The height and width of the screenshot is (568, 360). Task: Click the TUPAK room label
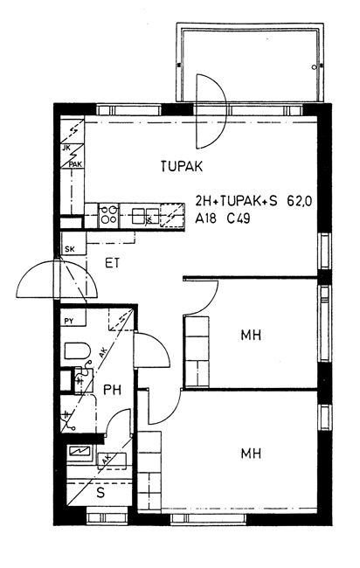click(x=182, y=166)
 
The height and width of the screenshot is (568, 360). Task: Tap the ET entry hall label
click(x=112, y=263)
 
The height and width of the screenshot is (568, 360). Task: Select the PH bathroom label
click(x=112, y=390)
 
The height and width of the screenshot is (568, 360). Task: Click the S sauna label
click(x=100, y=493)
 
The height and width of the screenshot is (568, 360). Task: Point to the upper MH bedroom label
click(x=251, y=335)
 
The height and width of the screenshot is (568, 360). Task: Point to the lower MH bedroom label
click(x=251, y=454)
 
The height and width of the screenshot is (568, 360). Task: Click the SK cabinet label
click(x=70, y=249)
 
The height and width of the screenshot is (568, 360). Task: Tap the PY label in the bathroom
click(x=69, y=321)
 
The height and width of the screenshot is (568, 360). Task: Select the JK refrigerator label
click(x=66, y=148)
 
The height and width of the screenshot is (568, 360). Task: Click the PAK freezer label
click(x=75, y=164)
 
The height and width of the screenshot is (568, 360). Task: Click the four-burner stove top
click(x=108, y=214)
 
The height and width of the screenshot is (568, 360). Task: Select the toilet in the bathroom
click(x=77, y=350)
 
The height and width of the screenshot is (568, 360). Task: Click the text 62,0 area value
click(x=300, y=201)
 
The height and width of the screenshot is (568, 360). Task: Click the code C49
click(x=239, y=218)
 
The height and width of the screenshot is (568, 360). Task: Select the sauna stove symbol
click(x=80, y=452)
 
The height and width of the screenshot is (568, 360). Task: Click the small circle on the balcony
click(x=314, y=67)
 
